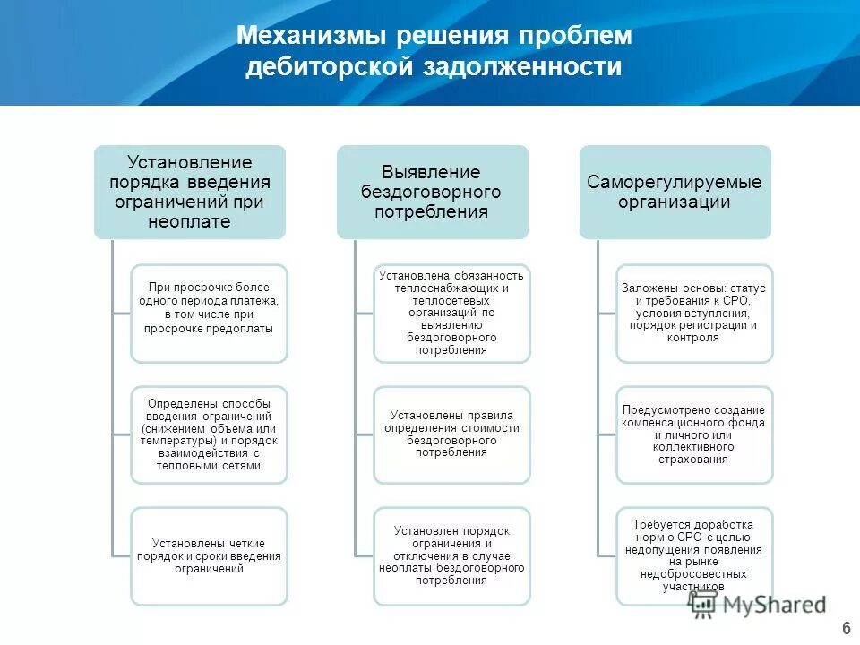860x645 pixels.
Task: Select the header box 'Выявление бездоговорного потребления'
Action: [432, 192]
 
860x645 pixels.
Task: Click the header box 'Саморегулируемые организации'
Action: [674, 192]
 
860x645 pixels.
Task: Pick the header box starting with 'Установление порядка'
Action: [190, 192]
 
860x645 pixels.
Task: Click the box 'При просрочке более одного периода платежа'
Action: [209, 313]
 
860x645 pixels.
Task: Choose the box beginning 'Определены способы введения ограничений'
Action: [209, 434]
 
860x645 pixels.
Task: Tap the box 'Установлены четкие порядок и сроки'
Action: [209, 555]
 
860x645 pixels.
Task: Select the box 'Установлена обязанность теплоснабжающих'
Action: [451, 313]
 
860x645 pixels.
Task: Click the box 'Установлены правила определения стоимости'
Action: [451, 434]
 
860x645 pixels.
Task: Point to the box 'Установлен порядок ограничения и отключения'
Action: [451, 555]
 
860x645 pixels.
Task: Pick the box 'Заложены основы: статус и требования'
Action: [694, 313]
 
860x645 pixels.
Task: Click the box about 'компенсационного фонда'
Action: [694, 434]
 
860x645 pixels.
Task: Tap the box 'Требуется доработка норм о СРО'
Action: [694, 555]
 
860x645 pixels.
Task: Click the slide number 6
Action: [846, 626]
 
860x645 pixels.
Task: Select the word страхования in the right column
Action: [694, 460]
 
